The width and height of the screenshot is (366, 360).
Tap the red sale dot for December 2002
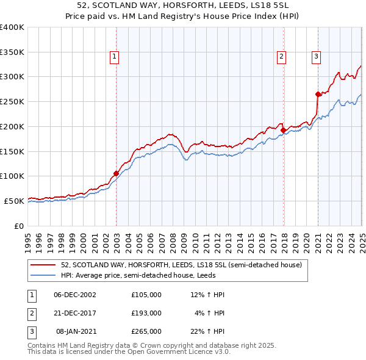pos(116,173)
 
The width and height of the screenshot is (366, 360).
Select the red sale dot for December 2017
pos(283,130)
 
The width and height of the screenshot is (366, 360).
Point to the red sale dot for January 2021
pos(318,94)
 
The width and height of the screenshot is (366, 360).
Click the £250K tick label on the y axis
pos(12,101)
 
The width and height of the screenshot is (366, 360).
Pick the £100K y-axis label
pos(12,176)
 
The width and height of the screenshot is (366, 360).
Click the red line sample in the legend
pos(43,265)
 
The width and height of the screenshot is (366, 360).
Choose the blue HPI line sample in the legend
pos(43,276)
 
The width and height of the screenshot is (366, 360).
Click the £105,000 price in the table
pos(146,295)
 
